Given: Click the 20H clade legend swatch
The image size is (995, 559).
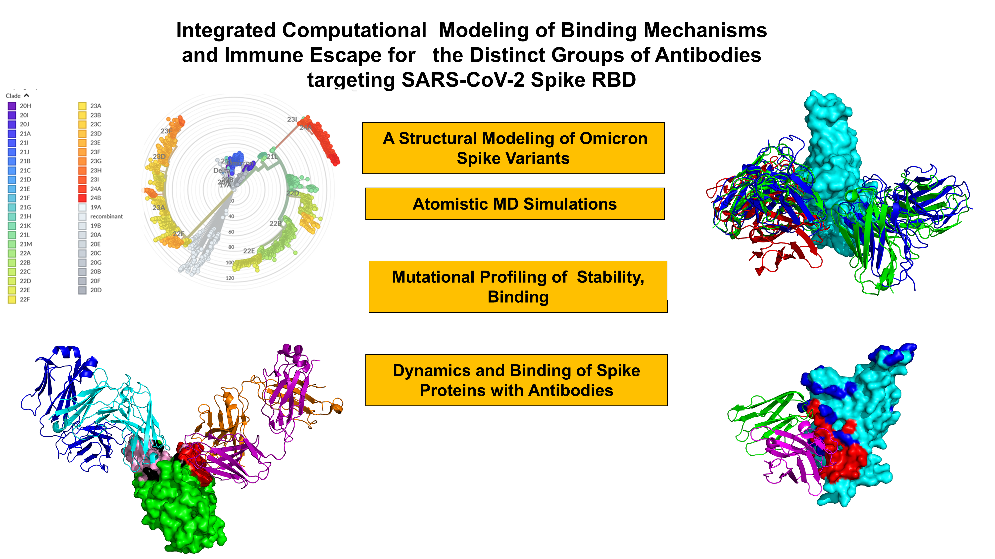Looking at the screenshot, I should [12, 106].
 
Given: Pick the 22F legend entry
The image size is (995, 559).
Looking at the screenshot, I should [24, 299].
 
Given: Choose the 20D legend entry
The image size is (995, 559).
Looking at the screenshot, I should [96, 290].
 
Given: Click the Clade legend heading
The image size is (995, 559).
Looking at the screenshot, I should [13, 96].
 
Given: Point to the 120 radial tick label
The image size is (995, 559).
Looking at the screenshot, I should [230, 278].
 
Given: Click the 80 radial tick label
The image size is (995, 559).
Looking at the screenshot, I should [231, 247].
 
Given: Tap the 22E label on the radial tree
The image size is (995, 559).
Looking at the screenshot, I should [249, 251].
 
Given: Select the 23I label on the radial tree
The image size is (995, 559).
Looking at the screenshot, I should [292, 120].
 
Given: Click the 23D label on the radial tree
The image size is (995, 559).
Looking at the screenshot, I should [159, 157].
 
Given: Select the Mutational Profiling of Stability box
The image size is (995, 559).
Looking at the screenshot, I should [518, 287].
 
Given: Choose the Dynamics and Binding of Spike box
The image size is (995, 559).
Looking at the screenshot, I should [516, 380].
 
